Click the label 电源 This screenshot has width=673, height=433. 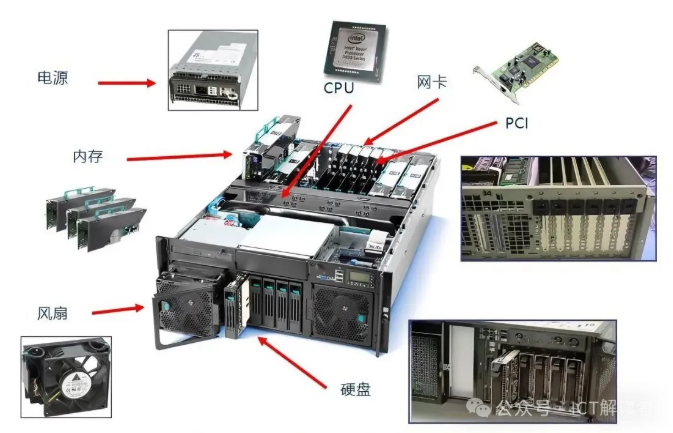[52, 77]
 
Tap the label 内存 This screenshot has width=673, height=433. [88, 157]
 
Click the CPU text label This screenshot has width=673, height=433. [340, 88]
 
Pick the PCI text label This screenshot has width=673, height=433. [517, 123]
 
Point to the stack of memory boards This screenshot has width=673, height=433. [90, 215]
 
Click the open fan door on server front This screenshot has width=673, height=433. [186, 304]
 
